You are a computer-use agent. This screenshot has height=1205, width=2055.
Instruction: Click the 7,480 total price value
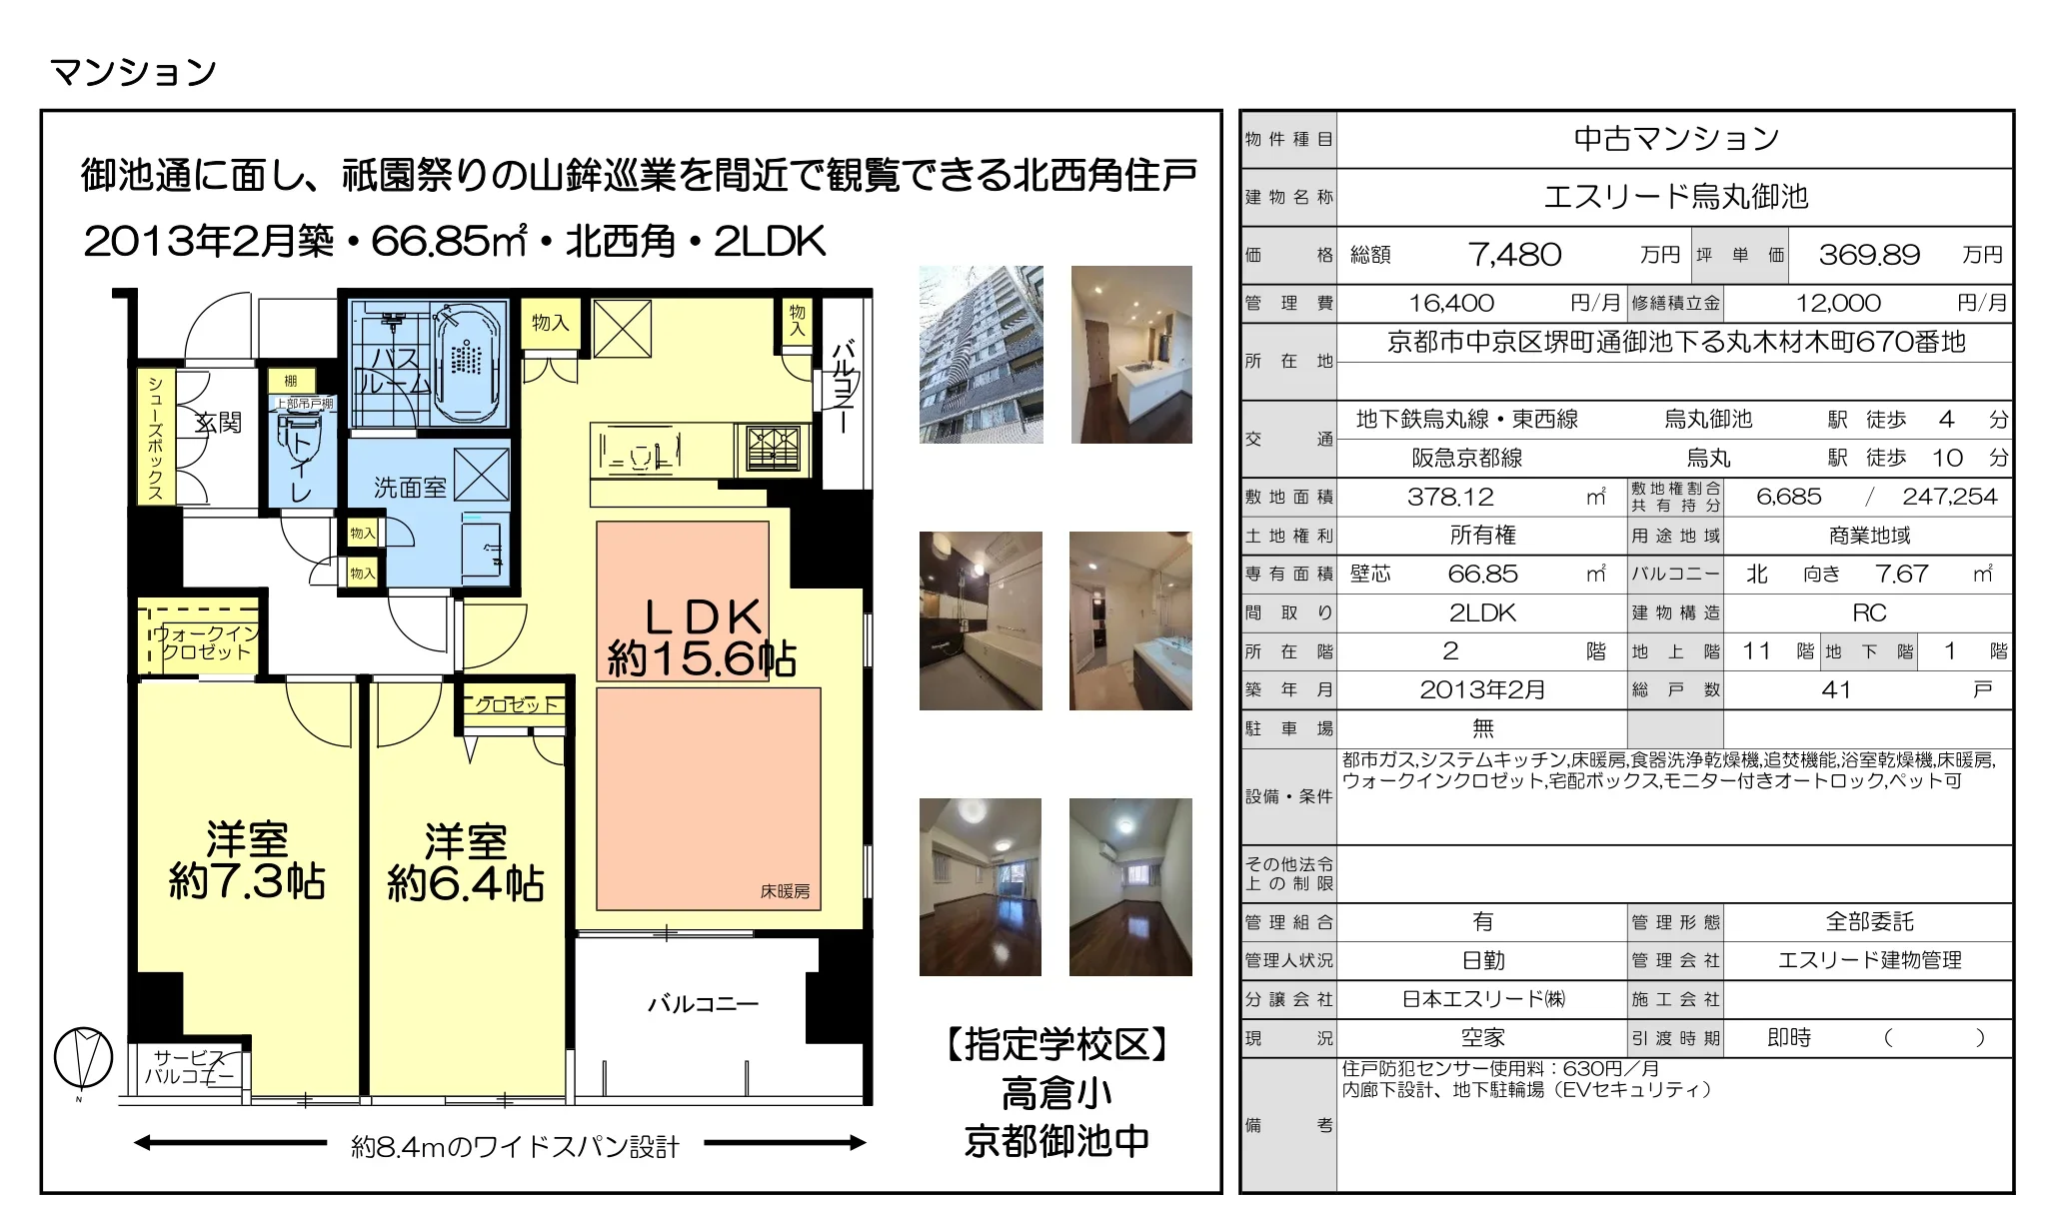click(1514, 255)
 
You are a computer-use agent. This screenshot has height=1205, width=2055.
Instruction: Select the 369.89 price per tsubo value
click(1869, 255)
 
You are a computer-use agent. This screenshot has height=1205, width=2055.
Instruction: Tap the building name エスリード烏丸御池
click(1675, 197)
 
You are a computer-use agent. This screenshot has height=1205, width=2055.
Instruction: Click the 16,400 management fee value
click(1451, 303)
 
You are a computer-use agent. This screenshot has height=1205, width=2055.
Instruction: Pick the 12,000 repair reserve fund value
click(1838, 303)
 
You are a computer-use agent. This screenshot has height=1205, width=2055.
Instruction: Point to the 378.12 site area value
click(1450, 497)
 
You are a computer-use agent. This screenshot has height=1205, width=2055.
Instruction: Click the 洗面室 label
click(410, 488)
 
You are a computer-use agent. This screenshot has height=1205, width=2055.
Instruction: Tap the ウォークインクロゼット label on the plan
click(204, 642)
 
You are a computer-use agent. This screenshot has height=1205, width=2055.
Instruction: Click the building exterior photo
click(981, 354)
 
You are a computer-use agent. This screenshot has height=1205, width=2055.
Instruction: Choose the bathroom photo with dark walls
click(981, 620)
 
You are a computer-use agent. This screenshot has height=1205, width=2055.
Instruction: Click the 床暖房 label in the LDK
click(785, 891)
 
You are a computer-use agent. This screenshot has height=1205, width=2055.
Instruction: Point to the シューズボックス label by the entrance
click(156, 438)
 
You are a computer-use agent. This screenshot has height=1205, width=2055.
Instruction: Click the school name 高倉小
click(1056, 1094)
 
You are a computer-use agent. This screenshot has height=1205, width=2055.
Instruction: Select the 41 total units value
click(1836, 690)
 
